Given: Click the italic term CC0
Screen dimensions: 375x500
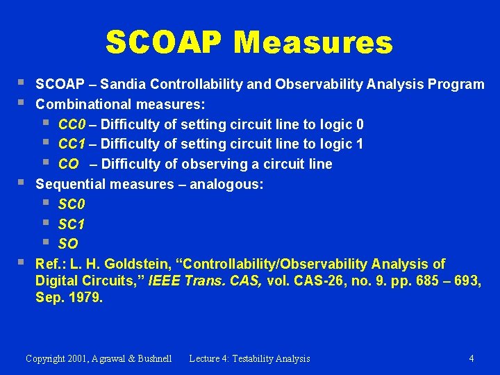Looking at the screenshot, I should pos(71,124).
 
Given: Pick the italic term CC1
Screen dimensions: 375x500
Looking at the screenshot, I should pos(71,144).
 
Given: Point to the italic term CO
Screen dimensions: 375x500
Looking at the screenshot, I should pos(68,165).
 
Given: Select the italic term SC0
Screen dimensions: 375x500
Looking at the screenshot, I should pos(71,205).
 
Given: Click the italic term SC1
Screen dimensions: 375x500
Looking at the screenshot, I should pos(71,224).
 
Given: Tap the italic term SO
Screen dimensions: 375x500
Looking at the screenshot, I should pos(68,244).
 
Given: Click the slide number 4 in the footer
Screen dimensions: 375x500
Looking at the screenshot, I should pos(472,359).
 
